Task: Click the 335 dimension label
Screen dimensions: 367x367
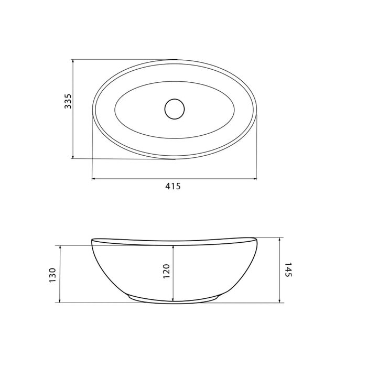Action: point(68,101)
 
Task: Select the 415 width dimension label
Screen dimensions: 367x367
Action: point(173,186)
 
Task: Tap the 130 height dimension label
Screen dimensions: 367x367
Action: point(52,275)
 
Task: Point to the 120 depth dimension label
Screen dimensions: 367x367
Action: point(166,271)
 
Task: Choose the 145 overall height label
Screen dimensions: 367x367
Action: point(288,269)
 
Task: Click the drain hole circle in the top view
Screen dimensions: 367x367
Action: point(175,109)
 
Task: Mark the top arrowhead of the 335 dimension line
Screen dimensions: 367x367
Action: point(73,61)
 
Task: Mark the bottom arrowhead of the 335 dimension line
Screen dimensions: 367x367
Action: point(73,156)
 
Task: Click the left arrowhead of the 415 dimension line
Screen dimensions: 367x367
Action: point(94,179)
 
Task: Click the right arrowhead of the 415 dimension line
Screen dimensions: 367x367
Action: point(255,179)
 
